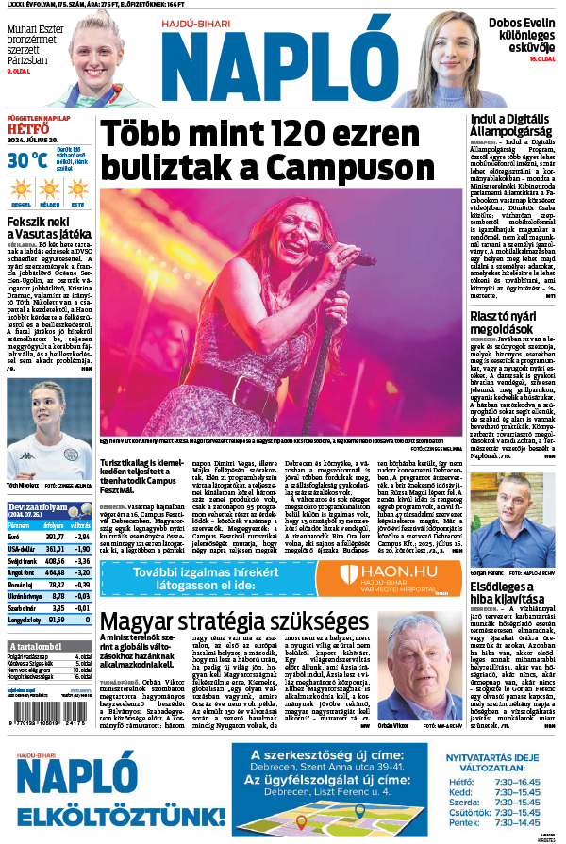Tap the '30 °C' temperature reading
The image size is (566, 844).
[x=26, y=159]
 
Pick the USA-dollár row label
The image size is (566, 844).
[x=21, y=549]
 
